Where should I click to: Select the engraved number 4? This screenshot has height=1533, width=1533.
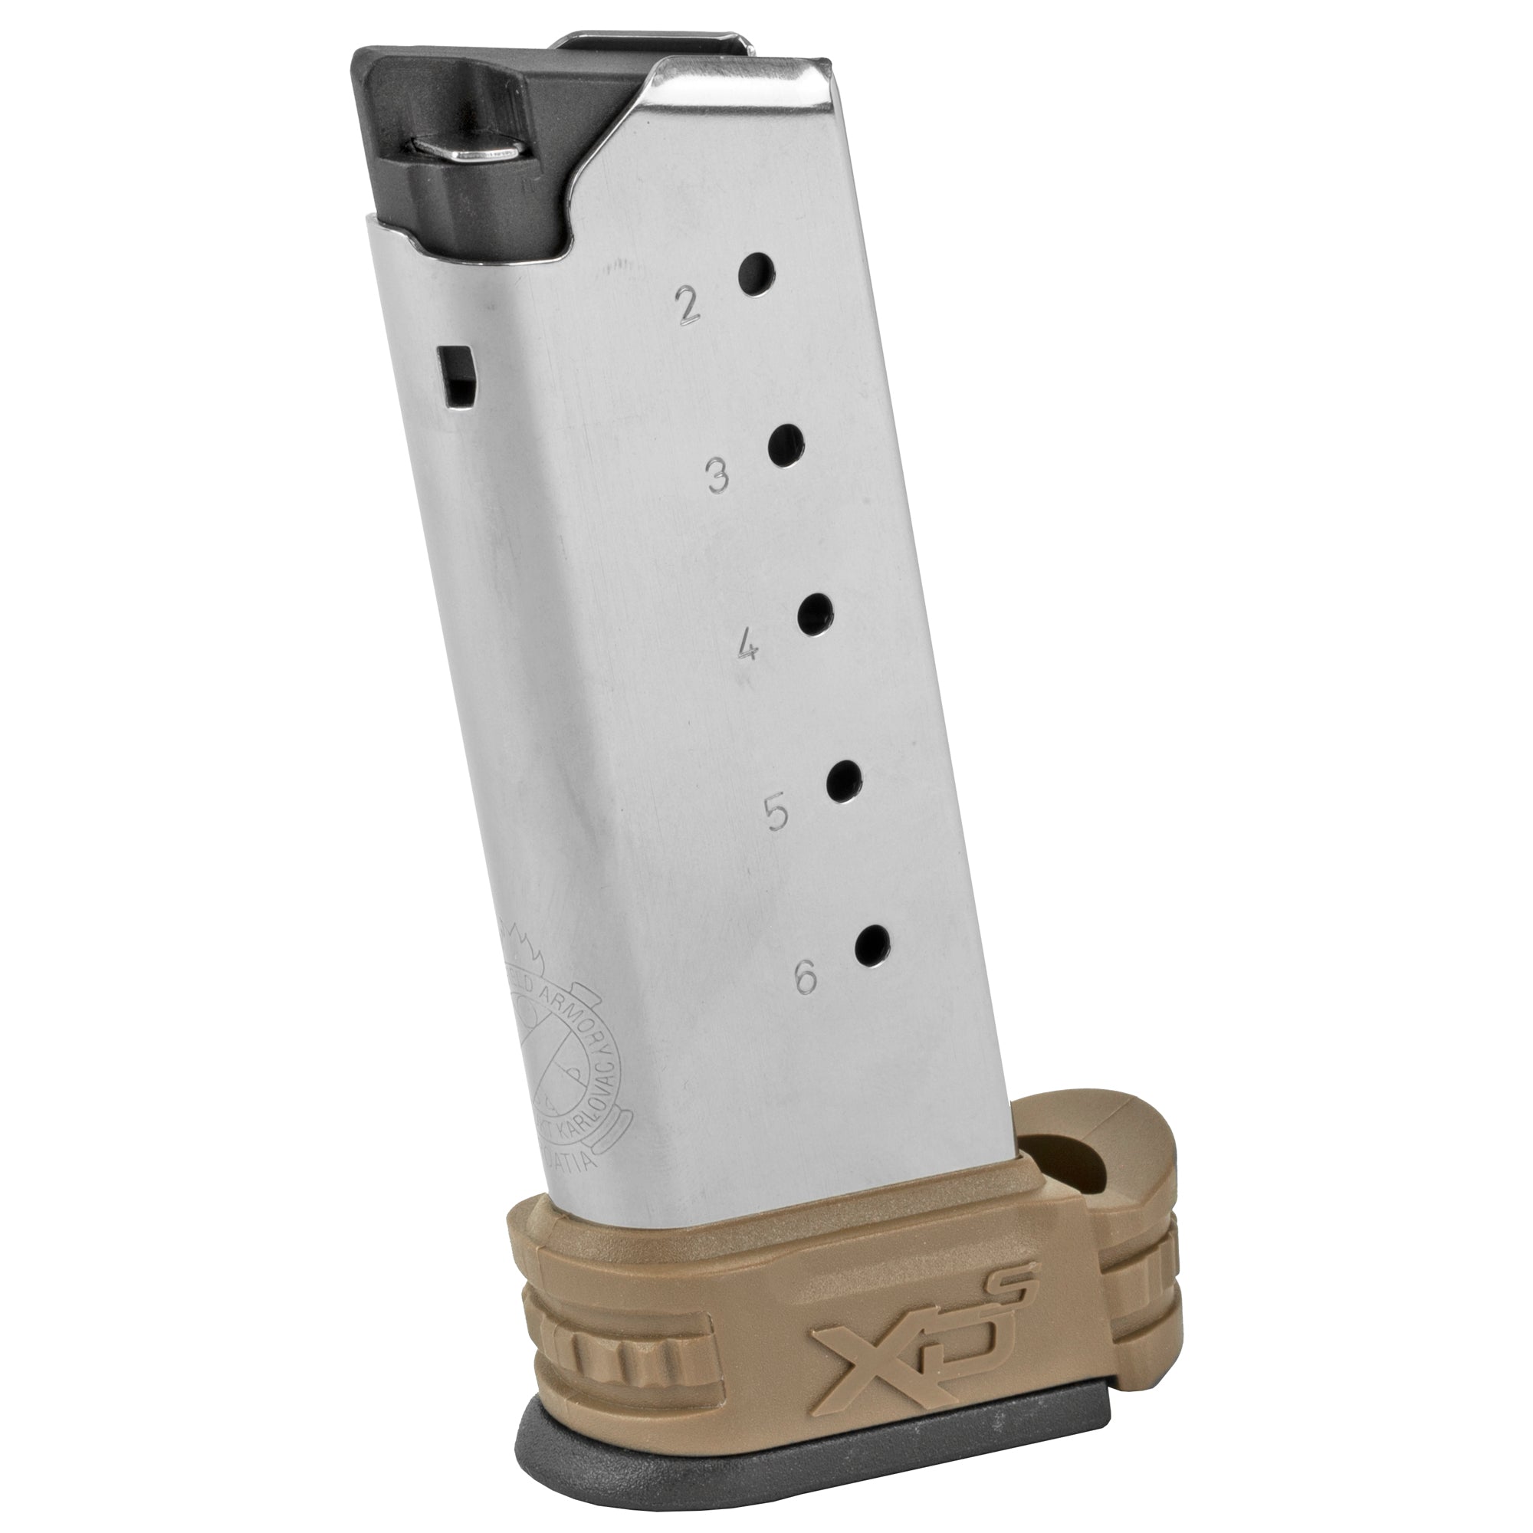(747, 650)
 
